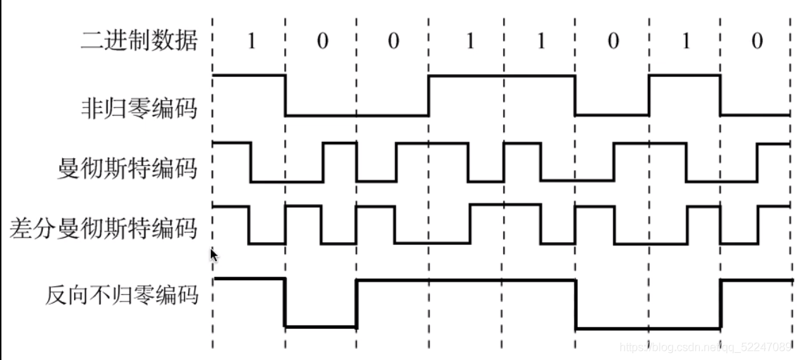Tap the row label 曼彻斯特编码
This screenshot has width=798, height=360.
pos(127,169)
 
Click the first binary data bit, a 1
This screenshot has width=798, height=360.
pos(250,42)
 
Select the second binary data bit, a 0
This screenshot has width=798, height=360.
pos(322,42)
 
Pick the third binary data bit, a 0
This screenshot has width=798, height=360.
pos(393,42)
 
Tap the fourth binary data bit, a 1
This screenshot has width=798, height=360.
pos(469,42)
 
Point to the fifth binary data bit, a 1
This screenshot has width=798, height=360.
pos(540,42)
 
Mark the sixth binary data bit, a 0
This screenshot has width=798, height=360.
pos(613,42)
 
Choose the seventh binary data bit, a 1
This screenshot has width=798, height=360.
pos(686,42)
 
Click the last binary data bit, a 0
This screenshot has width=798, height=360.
pos(757,42)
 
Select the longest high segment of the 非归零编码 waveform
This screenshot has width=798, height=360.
pos(502,76)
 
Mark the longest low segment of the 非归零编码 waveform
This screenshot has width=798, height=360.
pos(357,116)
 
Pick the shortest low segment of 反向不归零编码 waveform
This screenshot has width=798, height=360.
pos(320,326)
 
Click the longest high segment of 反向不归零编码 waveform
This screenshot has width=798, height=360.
pos(466,280)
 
